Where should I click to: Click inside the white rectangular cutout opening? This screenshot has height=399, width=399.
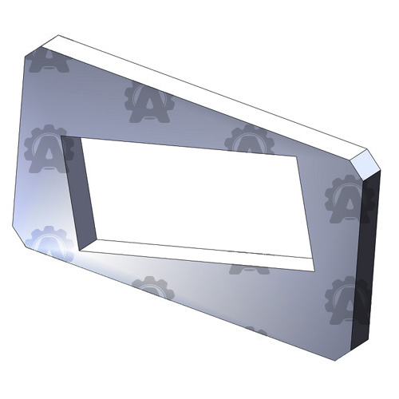click(x=192, y=196)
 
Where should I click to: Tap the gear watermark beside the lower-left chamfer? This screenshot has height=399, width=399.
click(x=49, y=243)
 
